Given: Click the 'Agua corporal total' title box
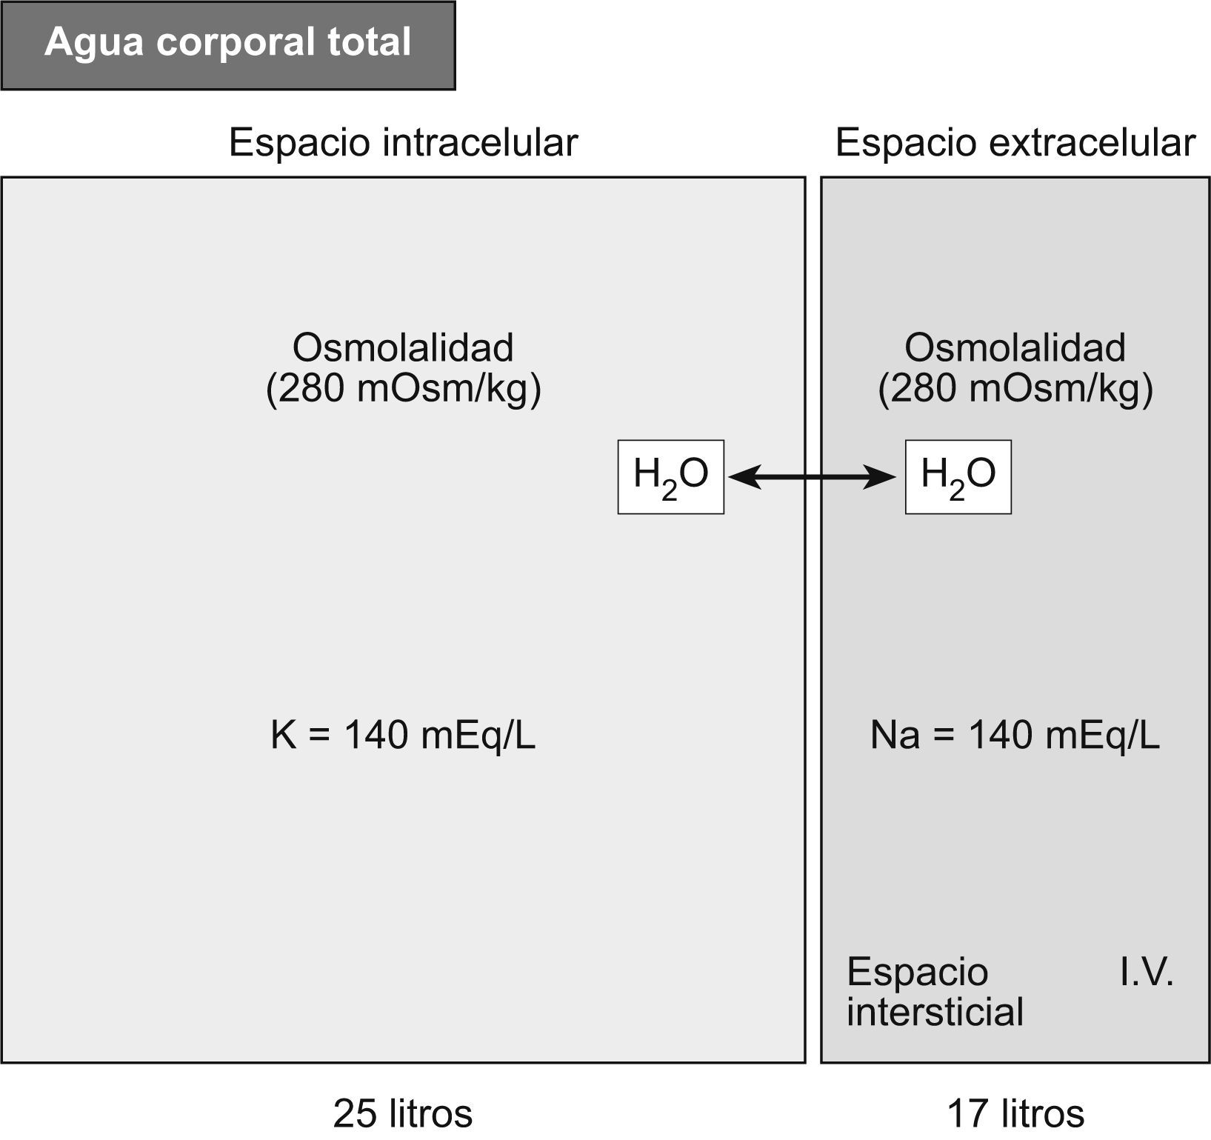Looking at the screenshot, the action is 228,45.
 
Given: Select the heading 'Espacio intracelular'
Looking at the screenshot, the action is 403,142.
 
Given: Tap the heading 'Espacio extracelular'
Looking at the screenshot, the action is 1015,142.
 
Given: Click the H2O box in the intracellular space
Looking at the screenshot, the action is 671,477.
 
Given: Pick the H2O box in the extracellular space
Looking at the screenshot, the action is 958,477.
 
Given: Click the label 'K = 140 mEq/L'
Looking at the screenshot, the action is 403,736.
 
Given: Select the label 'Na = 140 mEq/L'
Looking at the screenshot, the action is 1015,736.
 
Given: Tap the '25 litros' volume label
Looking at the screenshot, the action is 403,1113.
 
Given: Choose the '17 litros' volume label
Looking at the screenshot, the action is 1015,1113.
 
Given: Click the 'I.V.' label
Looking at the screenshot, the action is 1147,972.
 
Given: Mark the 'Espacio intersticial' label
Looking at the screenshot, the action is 935,992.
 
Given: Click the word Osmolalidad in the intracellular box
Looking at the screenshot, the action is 403,347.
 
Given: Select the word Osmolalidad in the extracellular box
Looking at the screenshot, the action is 1015,347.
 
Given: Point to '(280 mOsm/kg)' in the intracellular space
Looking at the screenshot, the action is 403,388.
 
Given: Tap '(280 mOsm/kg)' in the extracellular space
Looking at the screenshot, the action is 1015,388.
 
